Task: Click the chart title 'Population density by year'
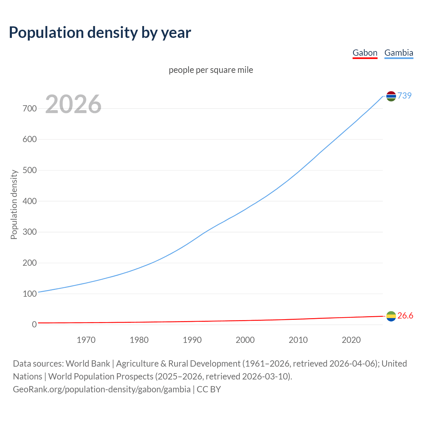click(100, 32)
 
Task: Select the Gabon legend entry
click(365, 53)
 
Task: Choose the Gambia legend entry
click(399, 53)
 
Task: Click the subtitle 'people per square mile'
click(211, 70)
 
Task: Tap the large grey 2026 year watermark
click(73, 104)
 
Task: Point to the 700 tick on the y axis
click(30, 108)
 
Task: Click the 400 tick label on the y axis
click(30, 201)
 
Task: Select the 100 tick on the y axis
click(30, 294)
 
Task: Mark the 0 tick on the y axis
click(34, 325)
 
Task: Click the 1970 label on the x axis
click(86, 340)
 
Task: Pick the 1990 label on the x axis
click(192, 340)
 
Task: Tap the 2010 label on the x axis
click(298, 340)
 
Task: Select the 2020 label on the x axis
click(351, 340)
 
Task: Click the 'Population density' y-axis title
click(14, 204)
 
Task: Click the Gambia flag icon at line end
click(391, 96)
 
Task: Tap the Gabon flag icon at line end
click(391, 316)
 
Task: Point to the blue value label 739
click(405, 96)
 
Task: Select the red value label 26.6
click(405, 316)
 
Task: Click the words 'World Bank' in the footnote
click(88, 364)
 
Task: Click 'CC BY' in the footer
click(209, 389)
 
